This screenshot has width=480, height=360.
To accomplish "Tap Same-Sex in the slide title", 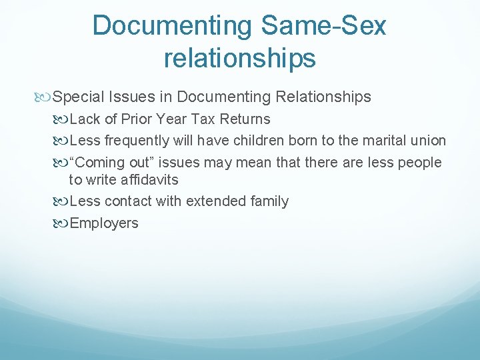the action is (323, 25).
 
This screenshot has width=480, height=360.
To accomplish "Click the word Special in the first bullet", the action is (78, 97).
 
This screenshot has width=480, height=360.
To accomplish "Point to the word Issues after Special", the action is (132, 97).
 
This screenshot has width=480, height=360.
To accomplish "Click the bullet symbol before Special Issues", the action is (42, 97).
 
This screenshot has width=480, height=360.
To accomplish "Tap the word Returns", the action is (245, 119).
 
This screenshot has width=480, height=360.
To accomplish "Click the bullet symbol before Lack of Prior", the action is (60, 120).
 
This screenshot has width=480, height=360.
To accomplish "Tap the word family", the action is (269, 202).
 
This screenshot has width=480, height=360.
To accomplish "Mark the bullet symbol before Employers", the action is (60, 224).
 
